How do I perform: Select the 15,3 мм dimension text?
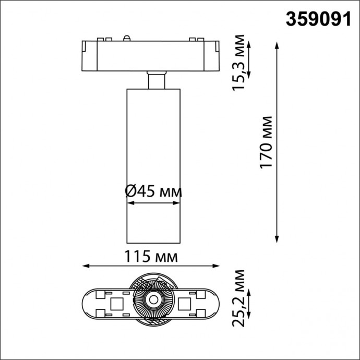(239, 61)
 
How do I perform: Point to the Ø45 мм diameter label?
(154, 191)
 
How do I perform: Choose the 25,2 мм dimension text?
(239, 298)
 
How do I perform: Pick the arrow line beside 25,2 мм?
(250, 303)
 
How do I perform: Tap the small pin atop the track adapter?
(126, 38)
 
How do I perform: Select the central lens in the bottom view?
(153, 299)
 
